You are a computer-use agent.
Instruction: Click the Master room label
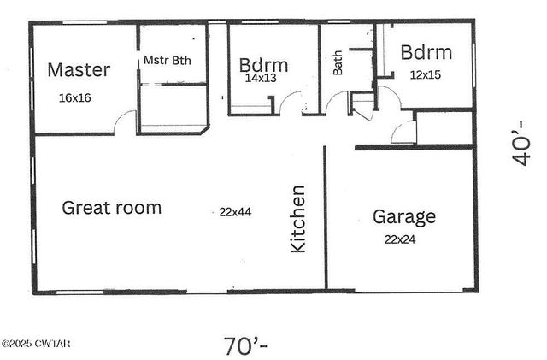tap(79, 68)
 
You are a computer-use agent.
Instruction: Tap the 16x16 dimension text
tap(75, 97)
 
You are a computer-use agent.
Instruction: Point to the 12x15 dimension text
tap(426, 75)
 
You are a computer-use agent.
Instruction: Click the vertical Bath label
tap(338, 62)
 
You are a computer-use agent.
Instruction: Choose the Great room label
tap(112, 207)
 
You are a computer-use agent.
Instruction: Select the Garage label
tap(403, 216)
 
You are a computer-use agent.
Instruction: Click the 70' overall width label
tap(246, 345)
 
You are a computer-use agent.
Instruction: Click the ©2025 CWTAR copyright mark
tap(36, 344)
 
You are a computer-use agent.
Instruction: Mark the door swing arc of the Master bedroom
tap(126, 121)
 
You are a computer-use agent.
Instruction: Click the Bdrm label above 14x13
tap(263, 64)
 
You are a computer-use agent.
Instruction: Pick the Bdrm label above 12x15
tap(426, 53)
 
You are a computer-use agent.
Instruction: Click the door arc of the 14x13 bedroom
tap(292, 105)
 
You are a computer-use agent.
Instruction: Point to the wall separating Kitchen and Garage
tap(326, 218)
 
